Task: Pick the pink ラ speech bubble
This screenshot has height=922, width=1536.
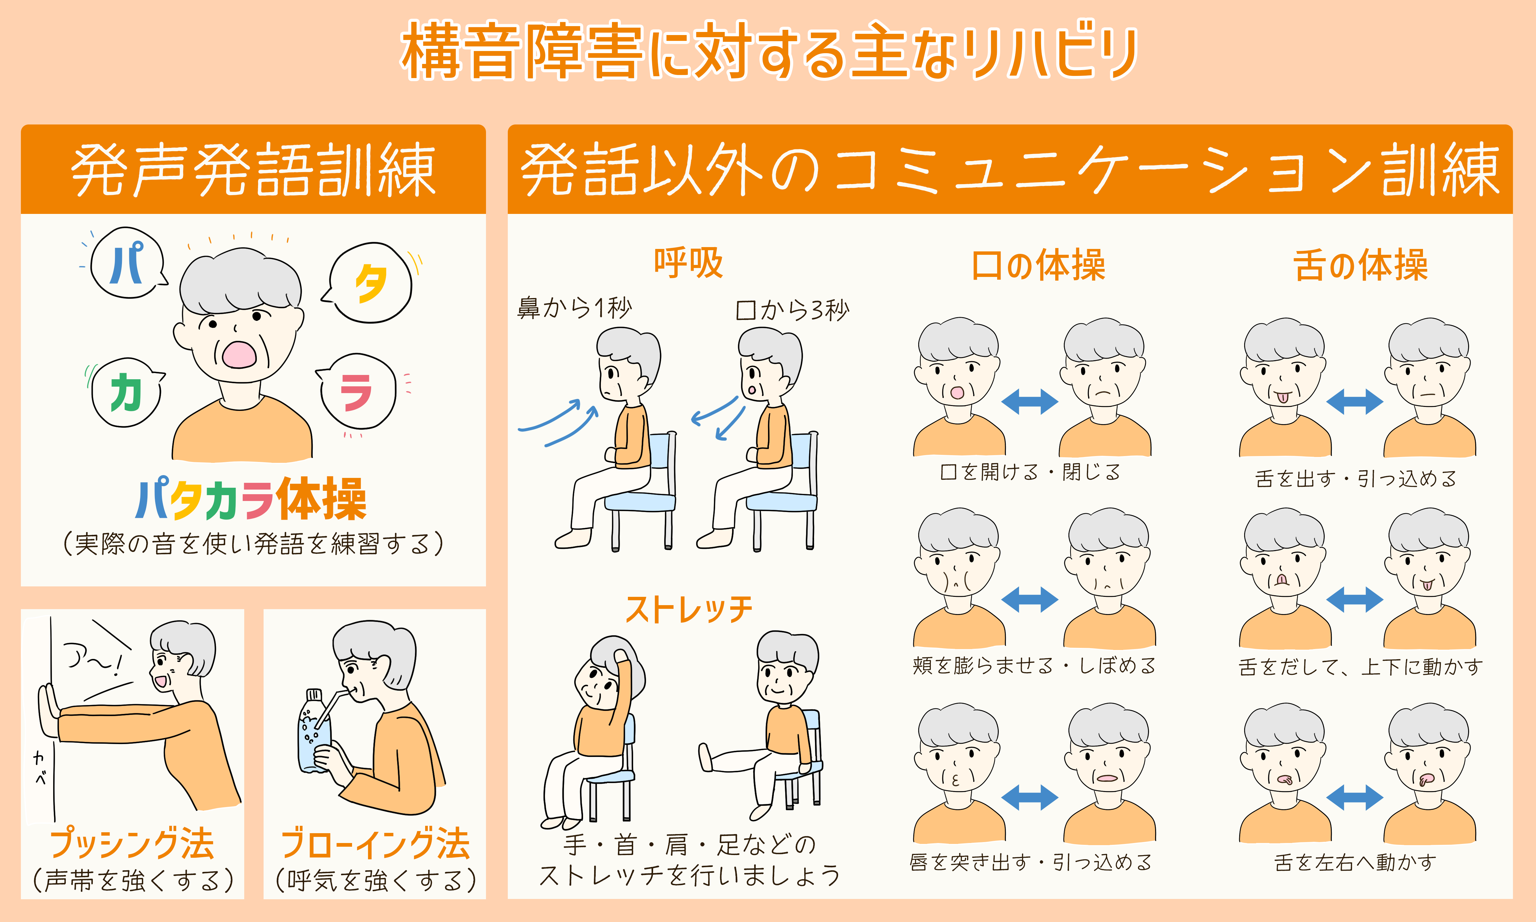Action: tap(357, 392)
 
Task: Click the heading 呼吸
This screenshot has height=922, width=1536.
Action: tap(688, 263)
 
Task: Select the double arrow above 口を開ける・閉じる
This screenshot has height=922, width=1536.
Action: tap(1029, 401)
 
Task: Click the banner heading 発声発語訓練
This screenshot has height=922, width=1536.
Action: tap(253, 170)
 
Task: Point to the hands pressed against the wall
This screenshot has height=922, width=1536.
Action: tap(49, 711)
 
